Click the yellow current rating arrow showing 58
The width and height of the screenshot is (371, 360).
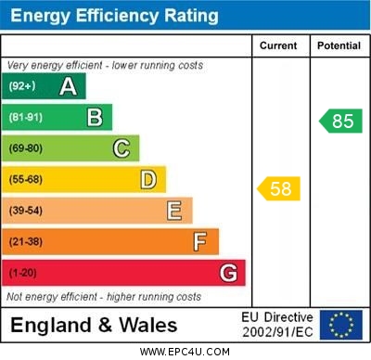tap(278, 188)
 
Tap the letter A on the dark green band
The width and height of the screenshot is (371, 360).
tap(68, 86)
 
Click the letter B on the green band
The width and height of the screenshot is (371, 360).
tap(95, 117)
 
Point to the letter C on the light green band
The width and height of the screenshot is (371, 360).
tap(121, 148)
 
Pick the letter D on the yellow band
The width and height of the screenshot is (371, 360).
tap(147, 179)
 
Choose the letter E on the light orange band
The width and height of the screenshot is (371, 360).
tap(174, 211)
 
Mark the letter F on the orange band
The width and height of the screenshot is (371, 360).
tap(199, 242)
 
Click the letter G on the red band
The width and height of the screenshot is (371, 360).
tap(228, 273)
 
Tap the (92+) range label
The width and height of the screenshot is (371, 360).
tap(22, 86)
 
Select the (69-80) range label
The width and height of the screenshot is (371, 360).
tap(26, 148)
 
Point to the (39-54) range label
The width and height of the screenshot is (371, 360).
tap(26, 212)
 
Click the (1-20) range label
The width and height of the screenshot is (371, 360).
tap(23, 274)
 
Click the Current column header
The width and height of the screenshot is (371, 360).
tap(278, 45)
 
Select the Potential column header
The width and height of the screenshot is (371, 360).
tap(339, 45)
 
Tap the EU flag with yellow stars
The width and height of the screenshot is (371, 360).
tap(341, 325)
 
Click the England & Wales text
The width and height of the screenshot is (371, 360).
tap(94, 325)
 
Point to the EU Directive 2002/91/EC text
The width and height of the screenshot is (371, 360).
tap(277, 325)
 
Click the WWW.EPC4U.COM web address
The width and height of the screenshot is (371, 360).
tap(185, 352)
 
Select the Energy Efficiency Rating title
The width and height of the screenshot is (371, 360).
tap(114, 16)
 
